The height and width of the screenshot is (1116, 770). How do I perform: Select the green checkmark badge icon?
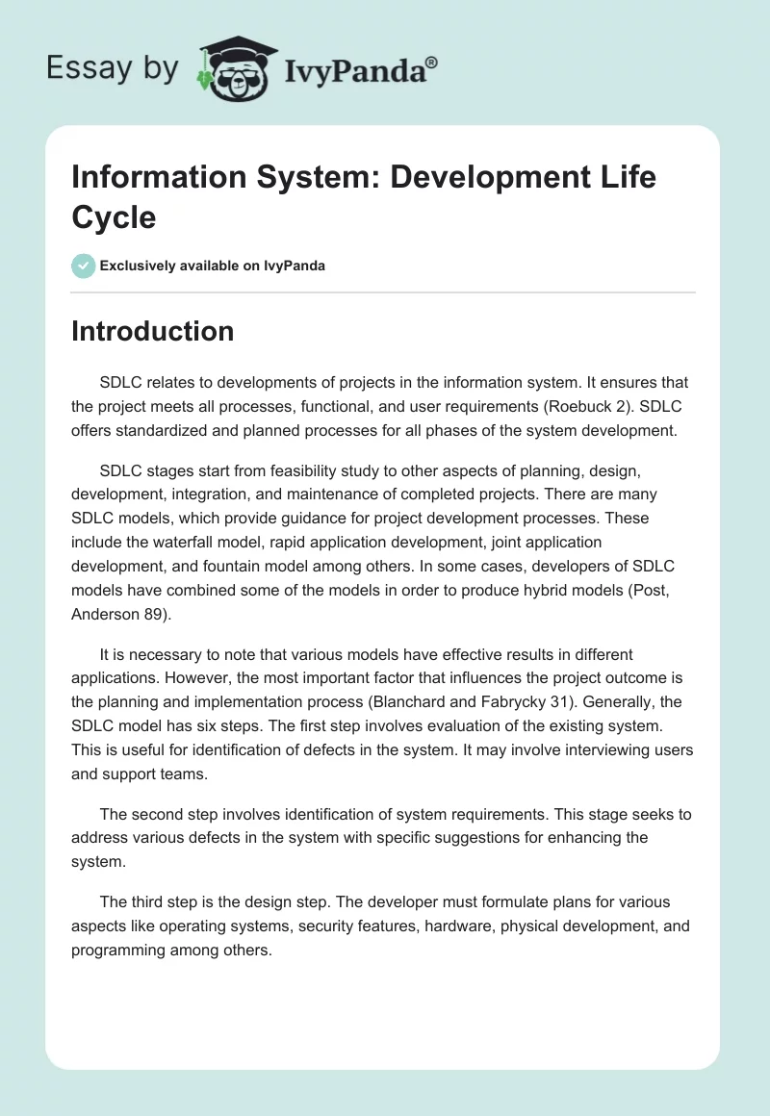[84, 266]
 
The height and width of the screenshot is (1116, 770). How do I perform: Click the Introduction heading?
[152, 331]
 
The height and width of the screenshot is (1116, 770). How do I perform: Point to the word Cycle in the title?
[114, 217]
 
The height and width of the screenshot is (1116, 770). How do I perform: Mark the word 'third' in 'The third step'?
[146, 902]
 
